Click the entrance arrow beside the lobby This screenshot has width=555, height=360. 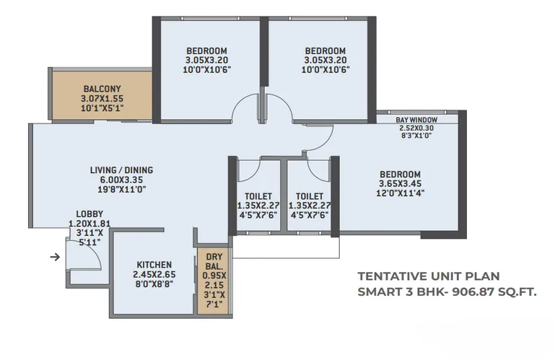[x=55, y=257]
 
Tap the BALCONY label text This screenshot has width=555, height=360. [x=102, y=89]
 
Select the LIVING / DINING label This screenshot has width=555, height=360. [x=122, y=170]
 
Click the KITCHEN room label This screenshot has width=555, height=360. [x=154, y=265]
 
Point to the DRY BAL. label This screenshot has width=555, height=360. [x=214, y=261]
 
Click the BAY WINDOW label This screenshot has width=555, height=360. [x=416, y=120]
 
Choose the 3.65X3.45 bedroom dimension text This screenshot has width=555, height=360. [x=401, y=184]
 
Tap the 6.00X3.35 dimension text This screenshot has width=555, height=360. [x=121, y=180]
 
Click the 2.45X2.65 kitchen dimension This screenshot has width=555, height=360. [x=154, y=274]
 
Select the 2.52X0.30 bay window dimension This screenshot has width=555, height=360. [x=416, y=128]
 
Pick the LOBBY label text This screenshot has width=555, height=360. [x=89, y=214]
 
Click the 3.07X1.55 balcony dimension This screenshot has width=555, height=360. [x=102, y=99]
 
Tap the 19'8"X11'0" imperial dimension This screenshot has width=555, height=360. [x=122, y=190]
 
